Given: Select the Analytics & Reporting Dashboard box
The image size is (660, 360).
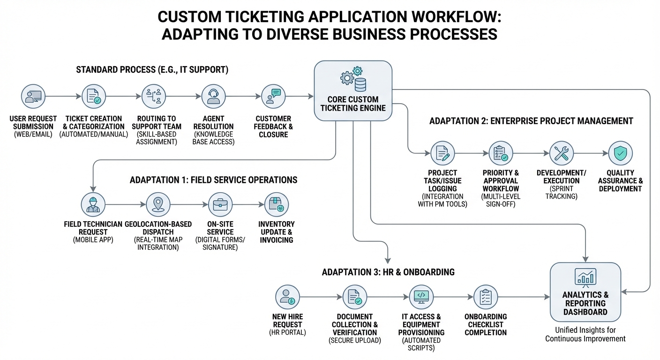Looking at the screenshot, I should point(585,291).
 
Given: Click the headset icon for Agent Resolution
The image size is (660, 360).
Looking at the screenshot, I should point(213,97).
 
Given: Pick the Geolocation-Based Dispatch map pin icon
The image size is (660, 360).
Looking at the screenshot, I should point(158,204).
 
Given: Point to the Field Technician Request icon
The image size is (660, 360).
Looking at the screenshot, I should point(93,204).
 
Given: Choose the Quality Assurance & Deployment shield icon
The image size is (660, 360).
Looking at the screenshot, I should point(620,153).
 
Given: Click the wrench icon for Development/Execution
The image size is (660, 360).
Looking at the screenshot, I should point(561,153).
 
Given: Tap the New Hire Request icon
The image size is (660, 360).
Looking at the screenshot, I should point(287,297).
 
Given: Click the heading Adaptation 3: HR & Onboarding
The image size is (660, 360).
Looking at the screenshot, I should point(388,272).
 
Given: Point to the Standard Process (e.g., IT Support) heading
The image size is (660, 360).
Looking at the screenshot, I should point(152,70).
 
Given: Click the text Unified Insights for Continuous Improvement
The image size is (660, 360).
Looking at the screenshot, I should point(585,334).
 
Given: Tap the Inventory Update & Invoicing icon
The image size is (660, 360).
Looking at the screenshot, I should point(277,204).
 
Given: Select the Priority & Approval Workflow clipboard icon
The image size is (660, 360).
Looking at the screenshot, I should point(501,153).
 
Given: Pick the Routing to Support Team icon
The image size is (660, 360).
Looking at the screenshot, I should point(154,97).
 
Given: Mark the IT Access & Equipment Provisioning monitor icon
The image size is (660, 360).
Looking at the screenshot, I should point(421,297).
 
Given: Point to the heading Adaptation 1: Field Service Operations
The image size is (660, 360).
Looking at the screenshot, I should point(213,180).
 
